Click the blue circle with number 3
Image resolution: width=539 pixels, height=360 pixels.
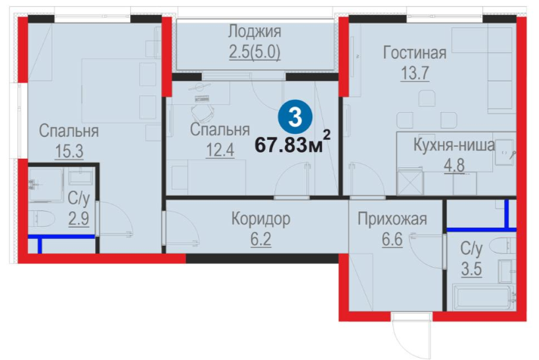click(295, 117)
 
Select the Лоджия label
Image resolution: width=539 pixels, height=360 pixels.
click(255, 32)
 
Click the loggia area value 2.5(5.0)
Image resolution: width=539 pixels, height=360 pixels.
click(255, 52)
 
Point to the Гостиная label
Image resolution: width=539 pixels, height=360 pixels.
click(414, 53)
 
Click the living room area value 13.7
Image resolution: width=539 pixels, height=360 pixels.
click(415, 73)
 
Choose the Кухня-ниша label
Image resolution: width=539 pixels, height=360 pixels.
click(454, 144)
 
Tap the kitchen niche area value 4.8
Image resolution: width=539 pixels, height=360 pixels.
click(454, 166)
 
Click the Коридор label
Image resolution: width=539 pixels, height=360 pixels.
click(261, 219)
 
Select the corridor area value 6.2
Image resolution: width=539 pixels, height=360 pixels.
click(261, 239)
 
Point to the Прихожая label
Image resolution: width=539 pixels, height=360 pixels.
click(392, 219)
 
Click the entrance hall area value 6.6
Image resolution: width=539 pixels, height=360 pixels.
click(392, 239)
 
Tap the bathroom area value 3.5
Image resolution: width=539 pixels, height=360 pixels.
click(471, 269)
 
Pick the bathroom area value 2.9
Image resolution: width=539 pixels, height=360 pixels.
click(79, 219)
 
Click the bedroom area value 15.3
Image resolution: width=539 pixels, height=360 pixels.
click(69, 151)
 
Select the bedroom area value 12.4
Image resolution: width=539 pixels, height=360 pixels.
click(220, 151)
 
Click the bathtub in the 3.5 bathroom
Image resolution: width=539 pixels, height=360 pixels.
click(483, 297)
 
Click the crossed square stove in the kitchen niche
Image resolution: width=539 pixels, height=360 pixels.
click(410, 182)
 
